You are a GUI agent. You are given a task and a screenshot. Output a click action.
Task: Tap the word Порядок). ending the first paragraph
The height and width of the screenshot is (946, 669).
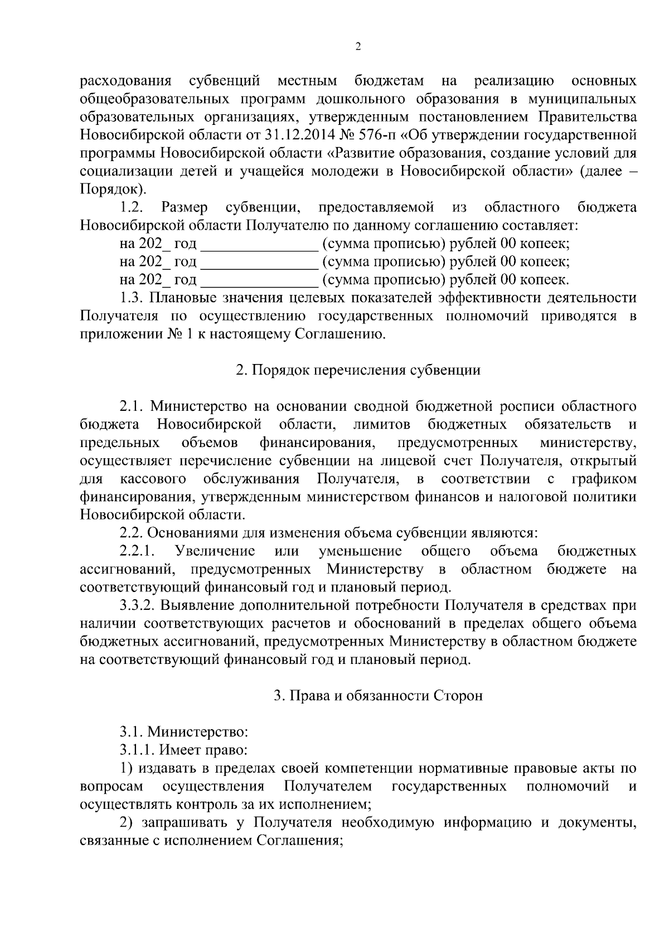113,189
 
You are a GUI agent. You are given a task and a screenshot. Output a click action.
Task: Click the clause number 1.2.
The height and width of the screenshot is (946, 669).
132,207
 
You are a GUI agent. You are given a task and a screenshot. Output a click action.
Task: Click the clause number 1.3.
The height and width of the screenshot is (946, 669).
132,298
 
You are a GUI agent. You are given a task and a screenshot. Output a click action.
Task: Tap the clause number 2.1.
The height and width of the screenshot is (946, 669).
132,406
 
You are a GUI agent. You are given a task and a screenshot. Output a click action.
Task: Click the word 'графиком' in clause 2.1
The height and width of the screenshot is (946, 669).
604,479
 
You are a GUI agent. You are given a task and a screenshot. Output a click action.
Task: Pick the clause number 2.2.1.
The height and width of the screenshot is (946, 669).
137,551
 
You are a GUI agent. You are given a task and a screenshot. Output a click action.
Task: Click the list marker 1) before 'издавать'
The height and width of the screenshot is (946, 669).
126,769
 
